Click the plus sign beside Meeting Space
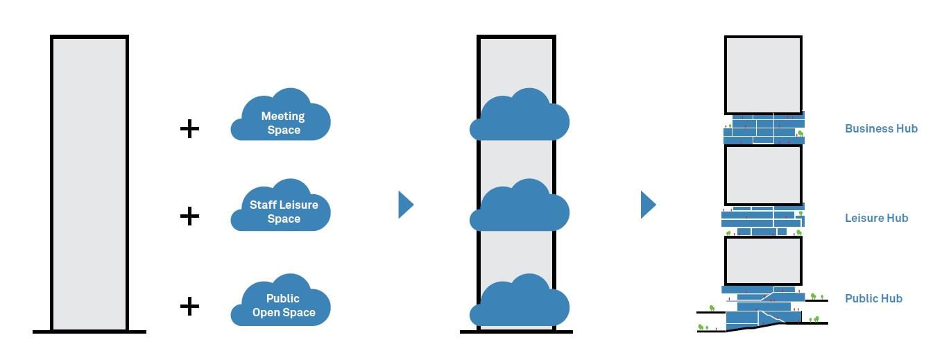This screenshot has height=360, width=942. click(x=189, y=128)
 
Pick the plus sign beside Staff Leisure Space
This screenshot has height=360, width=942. click(x=189, y=216)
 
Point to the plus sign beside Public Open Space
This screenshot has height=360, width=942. click(x=189, y=306)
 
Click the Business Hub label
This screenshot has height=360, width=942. click(x=881, y=128)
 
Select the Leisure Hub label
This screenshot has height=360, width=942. click(x=876, y=218)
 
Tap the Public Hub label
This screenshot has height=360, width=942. click(x=873, y=298)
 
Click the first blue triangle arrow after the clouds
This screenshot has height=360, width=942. click(x=405, y=205)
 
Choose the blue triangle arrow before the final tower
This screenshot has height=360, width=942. click(x=647, y=205)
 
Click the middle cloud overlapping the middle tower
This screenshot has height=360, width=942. click(x=520, y=207)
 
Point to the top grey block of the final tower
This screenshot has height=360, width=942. click(x=763, y=75)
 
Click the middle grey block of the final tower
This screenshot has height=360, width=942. click(x=763, y=174)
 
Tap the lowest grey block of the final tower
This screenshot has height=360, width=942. click(x=763, y=261)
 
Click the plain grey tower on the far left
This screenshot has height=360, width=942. click(x=89, y=184)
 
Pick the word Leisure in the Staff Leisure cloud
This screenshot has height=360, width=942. click(x=300, y=205)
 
